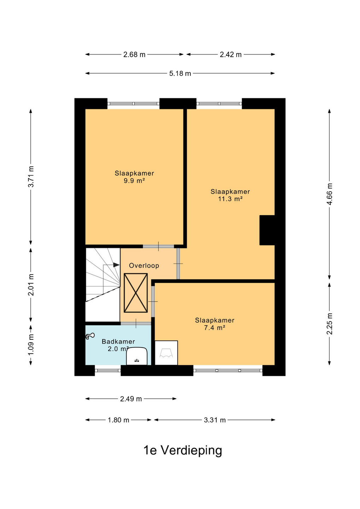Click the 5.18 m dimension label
[x=180, y=74]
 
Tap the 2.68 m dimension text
[x=134, y=55]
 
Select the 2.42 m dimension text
[x=231, y=55]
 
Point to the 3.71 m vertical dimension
[x=31, y=177]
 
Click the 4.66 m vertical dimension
[x=330, y=194]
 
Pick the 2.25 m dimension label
[x=330, y=324]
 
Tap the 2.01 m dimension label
[x=31, y=285]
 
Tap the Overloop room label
[x=144, y=266]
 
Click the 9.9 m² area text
[x=134, y=181]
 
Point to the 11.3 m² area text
[x=230, y=199]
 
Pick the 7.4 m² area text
[x=215, y=328]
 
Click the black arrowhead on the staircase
[x=116, y=265]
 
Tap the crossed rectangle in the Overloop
[x=136, y=293]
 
